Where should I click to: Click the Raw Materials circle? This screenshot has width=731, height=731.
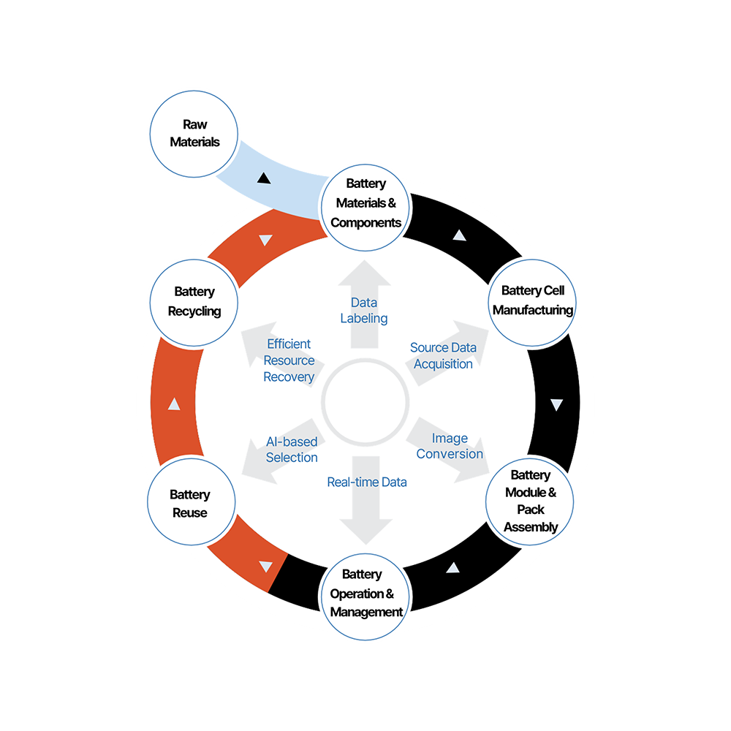pyautogui.click(x=194, y=133)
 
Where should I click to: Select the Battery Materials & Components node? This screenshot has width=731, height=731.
pyautogui.click(x=365, y=203)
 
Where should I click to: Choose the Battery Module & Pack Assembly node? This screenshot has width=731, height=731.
pyautogui.click(x=531, y=501)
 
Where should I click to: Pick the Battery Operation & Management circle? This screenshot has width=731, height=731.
pyautogui.click(x=365, y=593)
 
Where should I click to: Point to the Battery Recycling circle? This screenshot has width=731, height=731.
pyautogui.click(x=194, y=301)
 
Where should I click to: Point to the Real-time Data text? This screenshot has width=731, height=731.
pyautogui.click(x=367, y=482)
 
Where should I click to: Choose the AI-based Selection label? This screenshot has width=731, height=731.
pyautogui.click(x=292, y=450)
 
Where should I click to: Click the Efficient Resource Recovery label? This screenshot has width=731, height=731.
pyautogui.click(x=289, y=360)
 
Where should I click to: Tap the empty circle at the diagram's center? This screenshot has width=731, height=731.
pyautogui.click(x=365, y=401)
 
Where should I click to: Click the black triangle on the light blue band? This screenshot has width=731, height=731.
pyautogui.click(x=264, y=178)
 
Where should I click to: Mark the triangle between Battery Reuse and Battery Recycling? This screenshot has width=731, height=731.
pyautogui.click(x=174, y=404)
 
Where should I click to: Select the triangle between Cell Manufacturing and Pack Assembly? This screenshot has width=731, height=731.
pyautogui.click(x=557, y=404)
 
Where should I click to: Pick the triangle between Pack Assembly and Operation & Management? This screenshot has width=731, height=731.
pyautogui.click(x=453, y=567)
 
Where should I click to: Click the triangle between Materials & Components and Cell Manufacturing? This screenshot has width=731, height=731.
pyautogui.click(x=459, y=235)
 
